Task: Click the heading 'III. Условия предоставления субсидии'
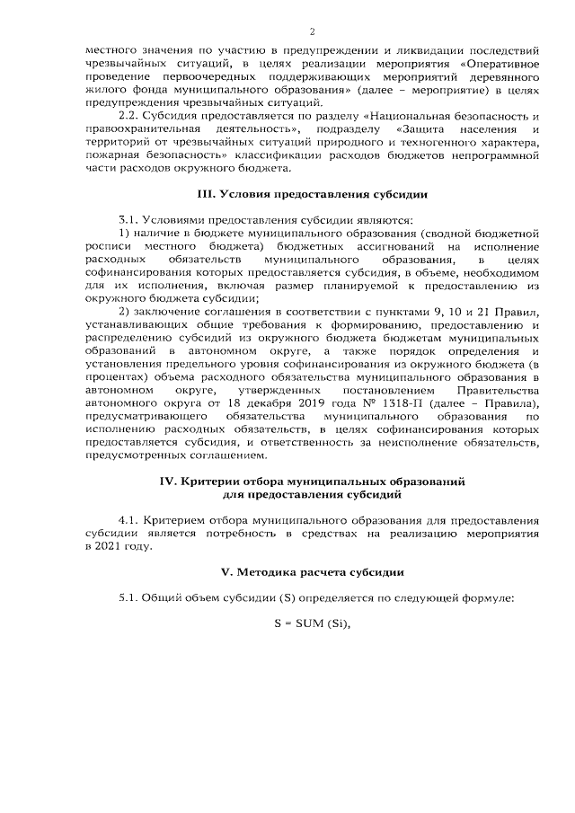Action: tap(311, 194)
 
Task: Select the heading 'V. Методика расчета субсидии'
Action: tap(311, 571)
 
